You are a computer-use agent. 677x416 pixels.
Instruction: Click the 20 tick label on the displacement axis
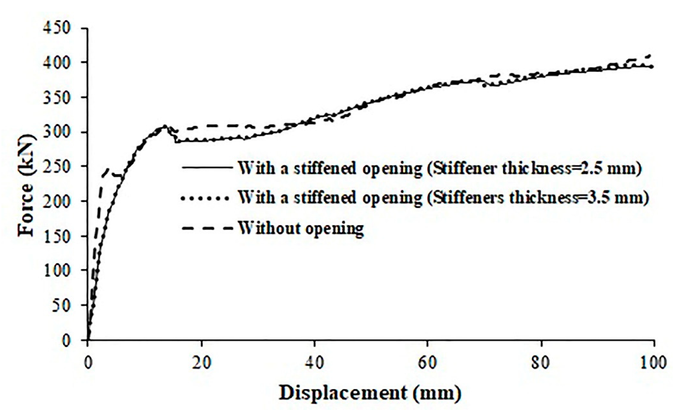point(202,363)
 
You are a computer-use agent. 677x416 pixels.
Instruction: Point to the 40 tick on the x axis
point(314,363)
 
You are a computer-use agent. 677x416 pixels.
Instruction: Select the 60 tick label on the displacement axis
point(428,363)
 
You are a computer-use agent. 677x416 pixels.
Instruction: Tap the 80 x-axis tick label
point(541,363)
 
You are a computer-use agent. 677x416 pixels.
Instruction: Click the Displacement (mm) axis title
point(370,393)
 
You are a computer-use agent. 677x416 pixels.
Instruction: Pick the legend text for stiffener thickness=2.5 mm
point(439,168)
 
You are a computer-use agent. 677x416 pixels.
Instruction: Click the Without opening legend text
point(301,228)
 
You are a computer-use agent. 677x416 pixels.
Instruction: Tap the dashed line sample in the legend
point(206,228)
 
